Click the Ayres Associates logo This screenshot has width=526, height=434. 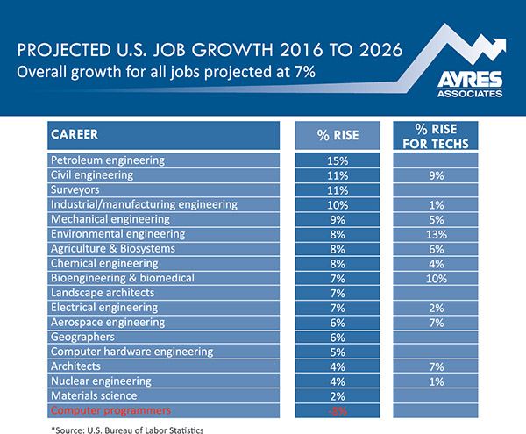(x=470, y=84)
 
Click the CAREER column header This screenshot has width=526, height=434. (x=75, y=134)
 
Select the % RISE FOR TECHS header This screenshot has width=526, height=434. (x=436, y=136)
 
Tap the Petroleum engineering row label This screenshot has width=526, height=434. (x=108, y=160)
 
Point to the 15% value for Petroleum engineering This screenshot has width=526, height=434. (x=338, y=161)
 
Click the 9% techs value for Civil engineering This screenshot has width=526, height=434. (x=436, y=175)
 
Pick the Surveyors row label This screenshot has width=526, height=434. (x=75, y=190)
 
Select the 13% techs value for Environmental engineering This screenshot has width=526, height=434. (x=436, y=234)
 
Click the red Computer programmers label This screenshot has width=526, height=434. (x=110, y=410)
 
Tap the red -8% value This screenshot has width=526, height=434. (x=338, y=411)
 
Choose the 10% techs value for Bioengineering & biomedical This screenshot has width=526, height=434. (x=436, y=279)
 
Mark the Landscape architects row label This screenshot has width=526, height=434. (x=103, y=293)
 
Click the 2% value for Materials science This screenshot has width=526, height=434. (x=338, y=396)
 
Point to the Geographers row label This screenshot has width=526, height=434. (x=82, y=337)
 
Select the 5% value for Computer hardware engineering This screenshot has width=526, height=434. (x=338, y=352)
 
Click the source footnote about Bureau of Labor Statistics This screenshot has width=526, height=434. (x=127, y=430)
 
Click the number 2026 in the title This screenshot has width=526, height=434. (x=380, y=50)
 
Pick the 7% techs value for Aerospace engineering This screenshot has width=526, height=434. (x=436, y=323)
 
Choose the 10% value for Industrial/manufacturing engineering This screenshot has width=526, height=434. (x=338, y=205)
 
